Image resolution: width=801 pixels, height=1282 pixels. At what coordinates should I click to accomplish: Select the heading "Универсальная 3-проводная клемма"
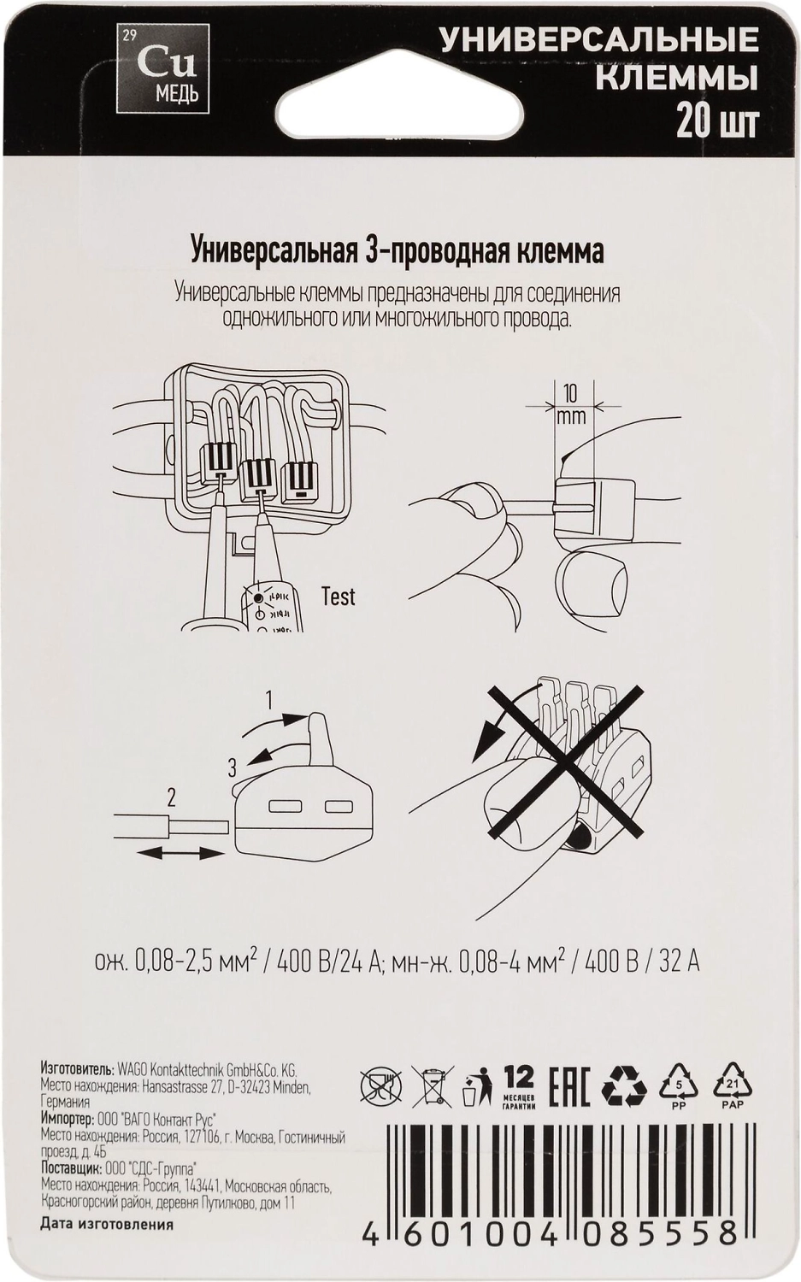point(398,252)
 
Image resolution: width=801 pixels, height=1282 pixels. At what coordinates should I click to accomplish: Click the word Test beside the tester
point(339,597)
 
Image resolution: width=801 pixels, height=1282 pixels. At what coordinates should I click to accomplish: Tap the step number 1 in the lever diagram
point(269,699)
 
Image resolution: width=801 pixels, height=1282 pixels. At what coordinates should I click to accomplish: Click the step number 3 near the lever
point(232,767)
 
